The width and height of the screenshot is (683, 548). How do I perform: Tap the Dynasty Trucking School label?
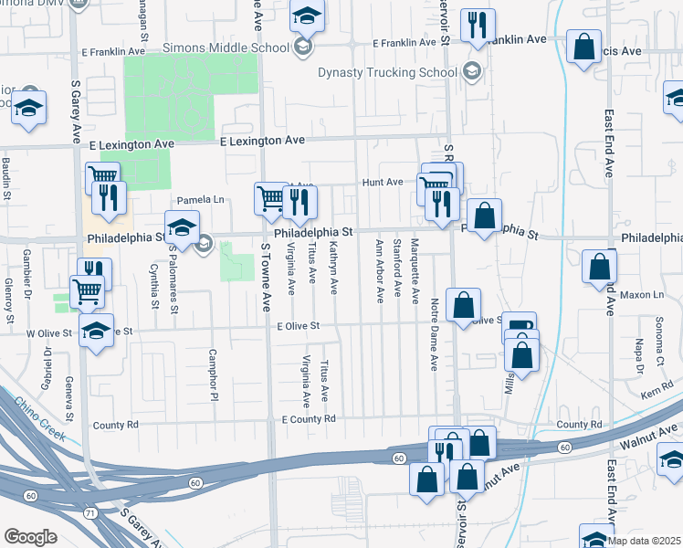coord(387,72)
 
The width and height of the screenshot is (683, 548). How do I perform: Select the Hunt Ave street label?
coord(382,182)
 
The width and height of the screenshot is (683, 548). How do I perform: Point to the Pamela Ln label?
coord(200,199)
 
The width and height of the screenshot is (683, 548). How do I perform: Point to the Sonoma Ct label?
coord(658,338)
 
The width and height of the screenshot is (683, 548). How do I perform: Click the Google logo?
coord(31,536)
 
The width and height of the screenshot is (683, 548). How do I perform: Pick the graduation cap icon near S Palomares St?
coord(182,227)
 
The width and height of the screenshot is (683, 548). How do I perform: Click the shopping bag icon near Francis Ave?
coord(583,47)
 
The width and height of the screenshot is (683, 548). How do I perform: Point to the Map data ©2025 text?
coord(644,541)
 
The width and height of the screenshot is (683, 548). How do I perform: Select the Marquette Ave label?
coord(415,271)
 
